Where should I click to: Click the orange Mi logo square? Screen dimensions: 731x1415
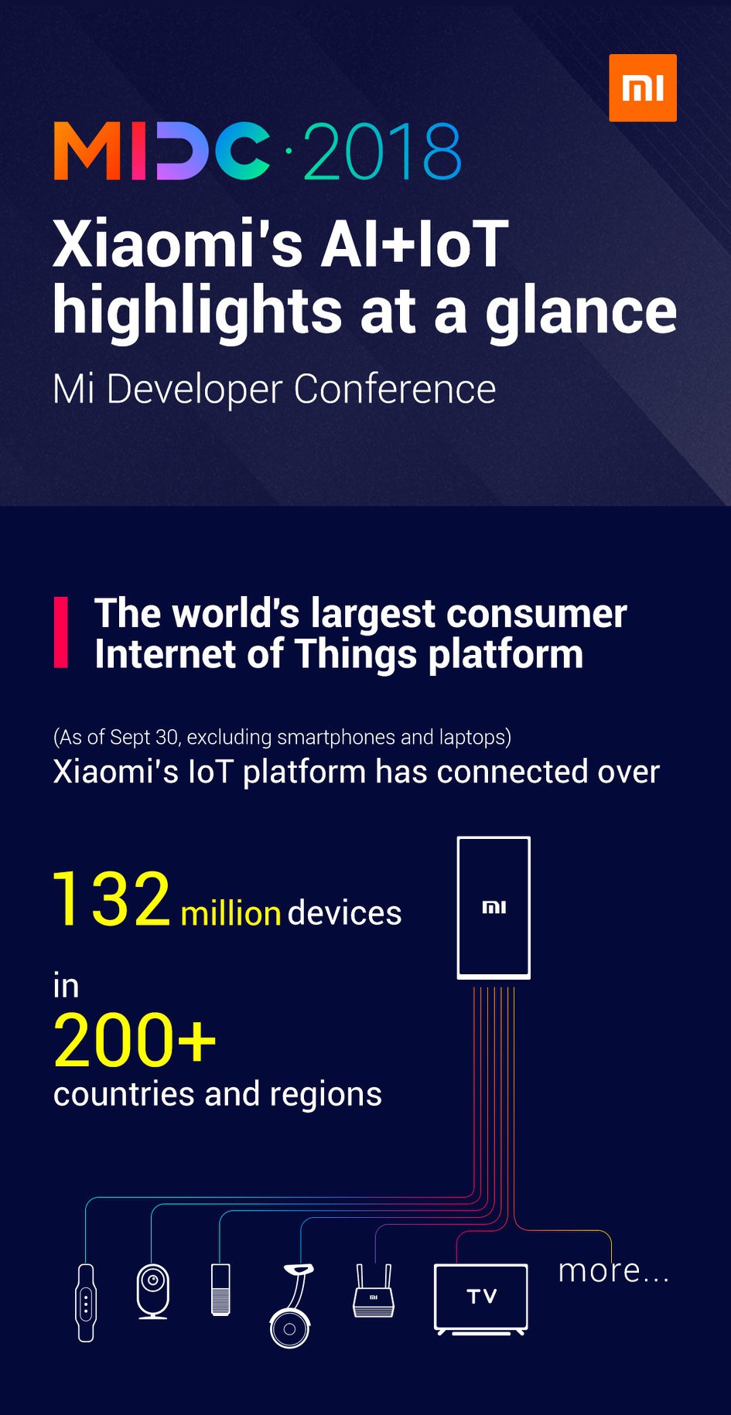tap(643, 88)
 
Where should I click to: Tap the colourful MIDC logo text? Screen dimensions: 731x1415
tap(162, 151)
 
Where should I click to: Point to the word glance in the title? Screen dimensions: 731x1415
tap(581, 312)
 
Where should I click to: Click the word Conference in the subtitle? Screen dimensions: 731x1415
tap(395, 388)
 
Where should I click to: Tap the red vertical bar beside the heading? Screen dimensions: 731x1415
tap(60, 632)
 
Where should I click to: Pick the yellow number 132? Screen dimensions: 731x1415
tap(111, 898)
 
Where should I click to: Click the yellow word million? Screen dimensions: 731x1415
tap(231, 913)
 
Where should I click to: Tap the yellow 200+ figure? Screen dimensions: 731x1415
tap(135, 1041)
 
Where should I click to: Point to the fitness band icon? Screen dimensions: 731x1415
tap(86, 1303)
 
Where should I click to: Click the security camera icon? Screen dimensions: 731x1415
tap(153, 1291)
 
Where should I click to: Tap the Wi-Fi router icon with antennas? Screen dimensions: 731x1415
tap(374, 1291)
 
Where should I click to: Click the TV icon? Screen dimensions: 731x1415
tap(481, 1299)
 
